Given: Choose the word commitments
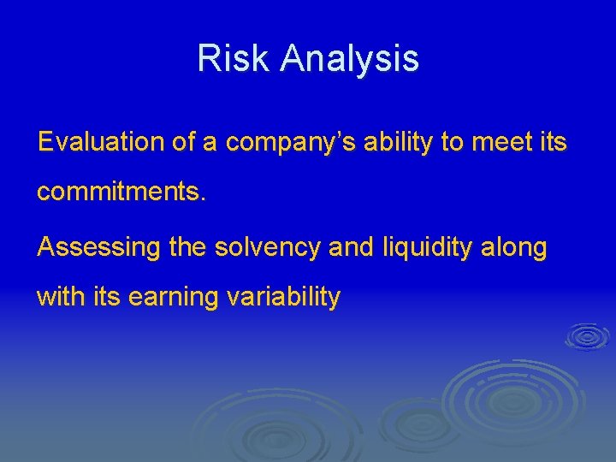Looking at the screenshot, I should (121, 192).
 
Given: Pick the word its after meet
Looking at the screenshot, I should (552, 142).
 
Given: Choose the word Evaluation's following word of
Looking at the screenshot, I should (184, 142).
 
